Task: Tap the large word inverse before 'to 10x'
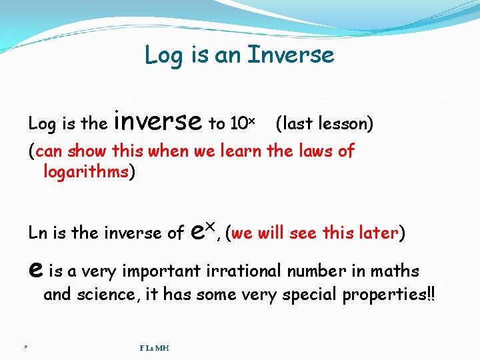coord(158,121)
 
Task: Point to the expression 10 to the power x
coord(242,123)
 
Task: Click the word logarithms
coord(86,172)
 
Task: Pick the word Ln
coord(37,233)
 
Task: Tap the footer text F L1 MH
coord(154,348)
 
